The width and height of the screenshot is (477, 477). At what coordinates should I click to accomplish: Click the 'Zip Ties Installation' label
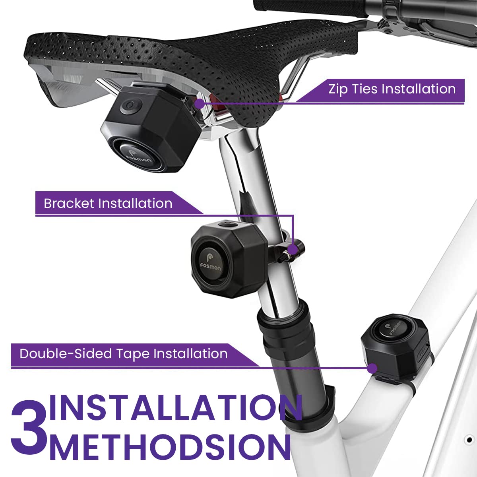tap(392, 89)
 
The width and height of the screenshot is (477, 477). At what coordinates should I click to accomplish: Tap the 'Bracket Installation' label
tap(108, 204)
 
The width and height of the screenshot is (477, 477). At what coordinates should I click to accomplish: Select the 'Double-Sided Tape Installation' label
tap(124, 354)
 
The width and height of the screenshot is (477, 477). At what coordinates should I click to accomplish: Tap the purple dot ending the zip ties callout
tap(200, 104)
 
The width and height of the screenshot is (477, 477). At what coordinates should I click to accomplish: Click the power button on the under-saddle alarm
tap(131, 107)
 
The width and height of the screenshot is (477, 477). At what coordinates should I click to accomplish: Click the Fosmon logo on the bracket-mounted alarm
tap(210, 264)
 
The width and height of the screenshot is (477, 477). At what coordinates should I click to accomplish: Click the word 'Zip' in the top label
tap(338, 89)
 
